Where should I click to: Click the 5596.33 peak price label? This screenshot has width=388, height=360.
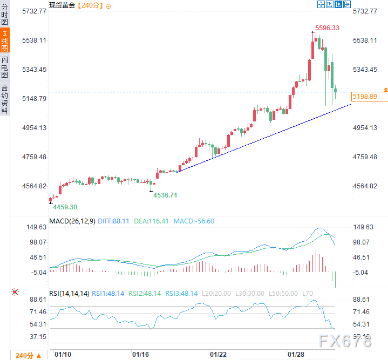(327, 28)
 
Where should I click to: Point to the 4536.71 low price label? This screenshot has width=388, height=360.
(165, 195)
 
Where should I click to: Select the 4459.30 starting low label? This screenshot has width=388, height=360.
(65, 207)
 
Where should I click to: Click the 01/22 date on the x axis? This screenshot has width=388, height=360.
(218, 355)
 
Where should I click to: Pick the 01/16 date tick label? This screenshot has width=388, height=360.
(140, 355)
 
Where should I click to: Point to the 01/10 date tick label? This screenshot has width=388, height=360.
(64, 355)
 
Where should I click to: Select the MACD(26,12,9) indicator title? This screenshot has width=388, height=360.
(72, 221)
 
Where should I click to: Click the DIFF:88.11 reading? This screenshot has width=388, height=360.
(114, 221)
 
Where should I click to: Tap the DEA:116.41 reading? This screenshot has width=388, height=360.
(152, 221)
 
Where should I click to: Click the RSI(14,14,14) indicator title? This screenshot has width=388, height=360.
(69, 294)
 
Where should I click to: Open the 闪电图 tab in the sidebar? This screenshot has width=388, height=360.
(5, 67)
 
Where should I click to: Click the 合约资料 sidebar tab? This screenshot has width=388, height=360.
(5, 99)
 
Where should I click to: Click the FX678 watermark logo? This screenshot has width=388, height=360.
(346, 341)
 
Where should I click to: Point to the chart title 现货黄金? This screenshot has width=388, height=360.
(63, 5)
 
